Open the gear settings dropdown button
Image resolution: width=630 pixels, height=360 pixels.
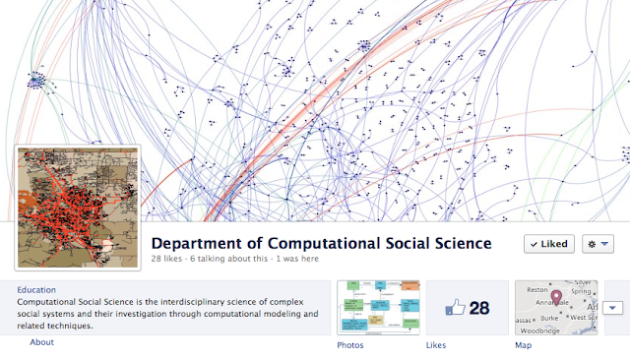tap(598, 244)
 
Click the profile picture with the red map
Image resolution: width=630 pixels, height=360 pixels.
tap(77, 207)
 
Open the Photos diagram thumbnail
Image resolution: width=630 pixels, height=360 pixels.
tap(377, 307)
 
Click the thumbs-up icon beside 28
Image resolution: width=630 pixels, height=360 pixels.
tap(455, 308)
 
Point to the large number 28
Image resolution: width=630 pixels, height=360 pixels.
tap(479, 308)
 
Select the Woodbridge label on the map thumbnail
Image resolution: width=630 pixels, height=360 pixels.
tap(539, 330)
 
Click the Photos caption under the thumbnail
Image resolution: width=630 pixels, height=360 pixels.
tap(350, 345)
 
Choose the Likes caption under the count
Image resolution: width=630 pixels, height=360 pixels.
tap(436, 345)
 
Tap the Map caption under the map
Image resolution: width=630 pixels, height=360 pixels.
tap(524, 345)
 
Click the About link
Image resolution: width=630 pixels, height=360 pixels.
tap(42, 341)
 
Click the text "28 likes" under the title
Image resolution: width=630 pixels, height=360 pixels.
tap(168, 260)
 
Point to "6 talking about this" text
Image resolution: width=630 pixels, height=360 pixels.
tap(233, 260)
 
